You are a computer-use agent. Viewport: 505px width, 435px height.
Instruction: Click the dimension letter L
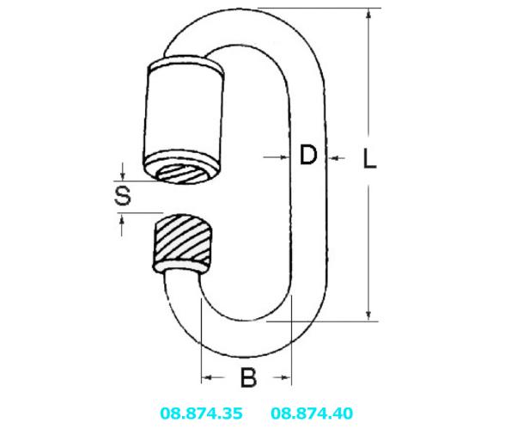[x=369, y=158]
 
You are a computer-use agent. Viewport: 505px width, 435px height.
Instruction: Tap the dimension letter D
[x=308, y=155]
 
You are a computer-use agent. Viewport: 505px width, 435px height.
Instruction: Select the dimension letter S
[x=123, y=195]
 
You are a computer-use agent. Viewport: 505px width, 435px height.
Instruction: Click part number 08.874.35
[x=201, y=413]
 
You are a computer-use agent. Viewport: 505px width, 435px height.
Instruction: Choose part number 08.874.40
[x=312, y=413]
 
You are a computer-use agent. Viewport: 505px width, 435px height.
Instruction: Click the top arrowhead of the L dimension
[x=369, y=15]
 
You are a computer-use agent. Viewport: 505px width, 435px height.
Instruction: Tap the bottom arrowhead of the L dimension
[x=369, y=315]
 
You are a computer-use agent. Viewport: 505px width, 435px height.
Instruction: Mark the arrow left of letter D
[x=277, y=157]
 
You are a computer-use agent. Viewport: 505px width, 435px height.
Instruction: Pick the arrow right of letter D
[x=337, y=158]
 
